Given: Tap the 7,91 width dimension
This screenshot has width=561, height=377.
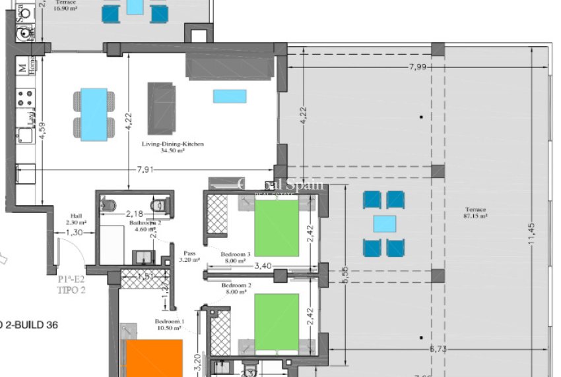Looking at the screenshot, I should pyautogui.click(x=146, y=170).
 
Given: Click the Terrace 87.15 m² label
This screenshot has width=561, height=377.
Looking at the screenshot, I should pyautogui.click(x=475, y=213).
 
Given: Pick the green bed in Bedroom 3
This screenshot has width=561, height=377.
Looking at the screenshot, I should pyautogui.click(x=277, y=228).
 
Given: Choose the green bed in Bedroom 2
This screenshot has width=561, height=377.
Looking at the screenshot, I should pyautogui.click(x=277, y=322).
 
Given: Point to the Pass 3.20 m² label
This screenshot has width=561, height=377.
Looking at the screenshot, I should pyautogui.click(x=189, y=256).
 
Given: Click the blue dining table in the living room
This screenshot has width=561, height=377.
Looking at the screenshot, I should pyautogui.click(x=94, y=114).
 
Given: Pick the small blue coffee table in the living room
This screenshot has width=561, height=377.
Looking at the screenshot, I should pyautogui.click(x=230, y=96).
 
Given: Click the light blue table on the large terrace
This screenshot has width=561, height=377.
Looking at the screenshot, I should pyautogui.click(x=384, y=223).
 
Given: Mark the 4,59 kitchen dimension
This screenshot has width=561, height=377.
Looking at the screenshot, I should pyautogui.click(x=42, y=129).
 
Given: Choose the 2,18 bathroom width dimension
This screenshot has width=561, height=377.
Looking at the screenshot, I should pyautogui.click(x=135, y=214).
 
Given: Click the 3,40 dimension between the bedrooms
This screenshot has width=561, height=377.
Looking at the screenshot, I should pyautogui.click(x=263, y=266).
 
